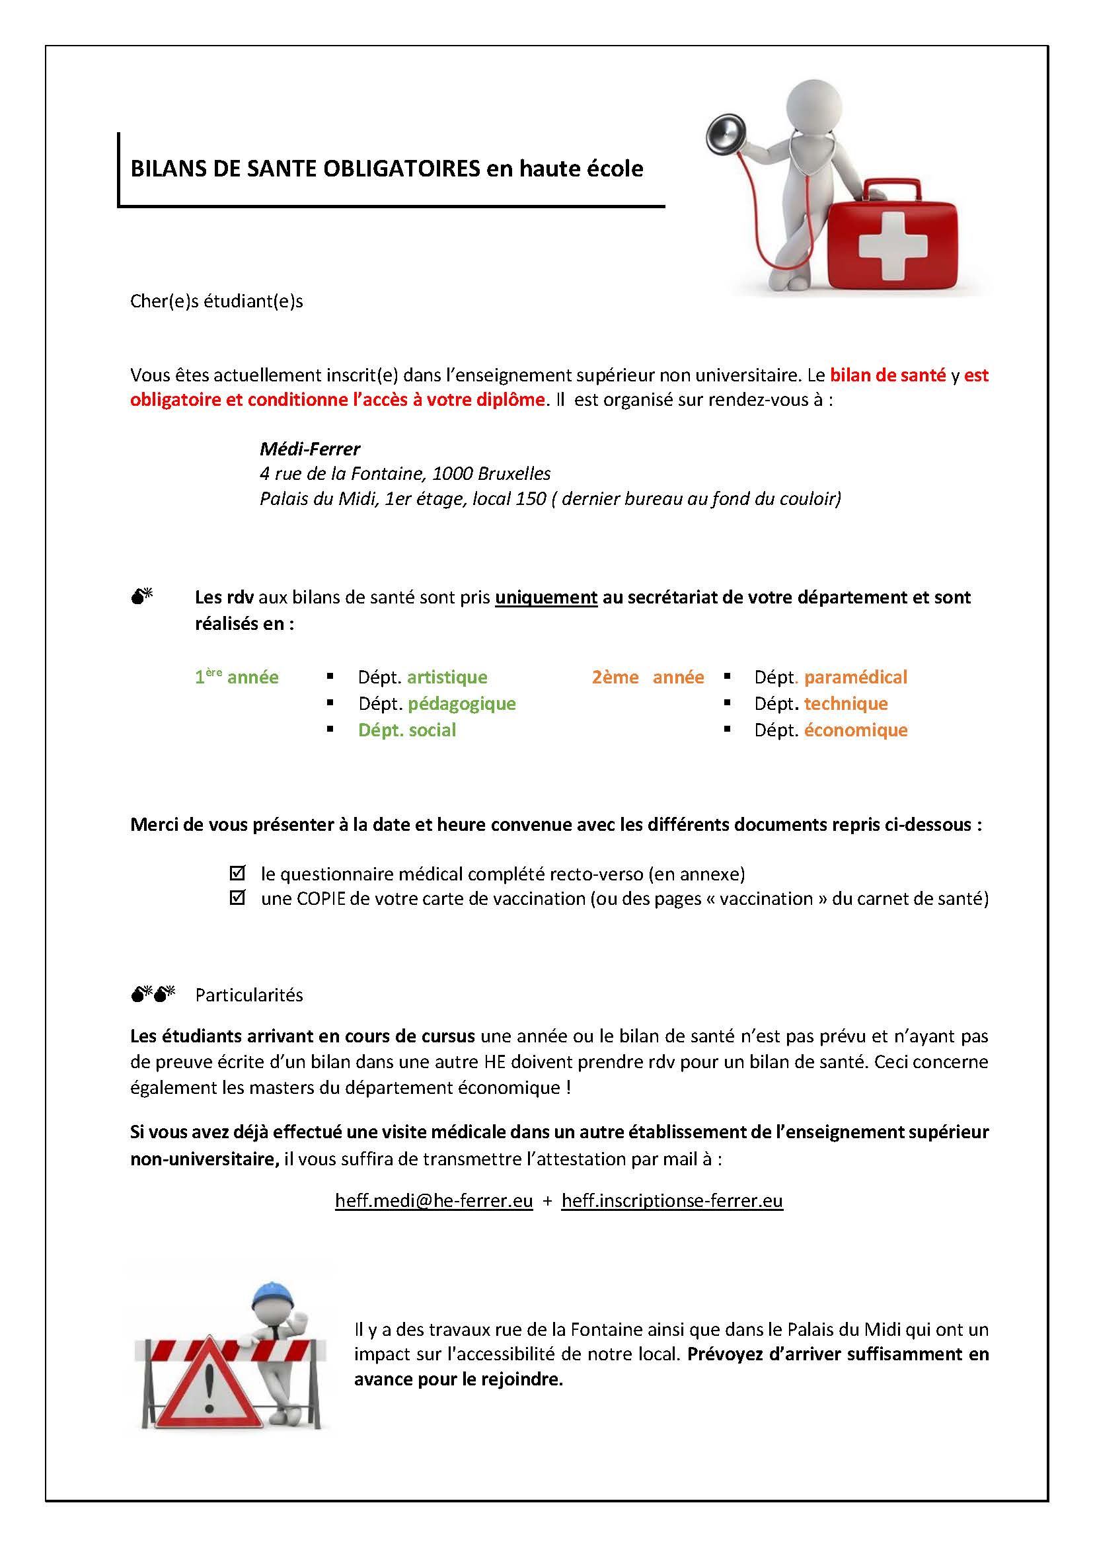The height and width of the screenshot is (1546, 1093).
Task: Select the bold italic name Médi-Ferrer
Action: [309, 449]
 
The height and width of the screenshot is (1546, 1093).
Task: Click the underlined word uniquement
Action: [546, 598]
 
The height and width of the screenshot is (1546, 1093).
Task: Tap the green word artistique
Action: [447, 677]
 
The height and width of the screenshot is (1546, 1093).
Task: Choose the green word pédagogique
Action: [462, 704]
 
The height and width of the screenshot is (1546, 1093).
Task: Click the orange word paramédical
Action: [855, 677]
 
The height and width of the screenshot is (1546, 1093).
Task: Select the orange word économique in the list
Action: [855, 730]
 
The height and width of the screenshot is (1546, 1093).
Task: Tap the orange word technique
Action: [845, 704]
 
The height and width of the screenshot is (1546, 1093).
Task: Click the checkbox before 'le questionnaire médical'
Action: [237, 873]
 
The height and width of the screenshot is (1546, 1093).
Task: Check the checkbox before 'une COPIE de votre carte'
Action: [237, 898]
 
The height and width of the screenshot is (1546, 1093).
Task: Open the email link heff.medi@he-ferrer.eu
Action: [433, 1200]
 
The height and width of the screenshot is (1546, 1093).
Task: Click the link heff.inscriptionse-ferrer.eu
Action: [671, 1200]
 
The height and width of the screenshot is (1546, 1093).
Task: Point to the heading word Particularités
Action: [249, 995]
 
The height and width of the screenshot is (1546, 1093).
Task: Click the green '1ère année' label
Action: [236, 677]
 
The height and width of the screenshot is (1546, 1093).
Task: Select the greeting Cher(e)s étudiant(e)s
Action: [216, 301]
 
